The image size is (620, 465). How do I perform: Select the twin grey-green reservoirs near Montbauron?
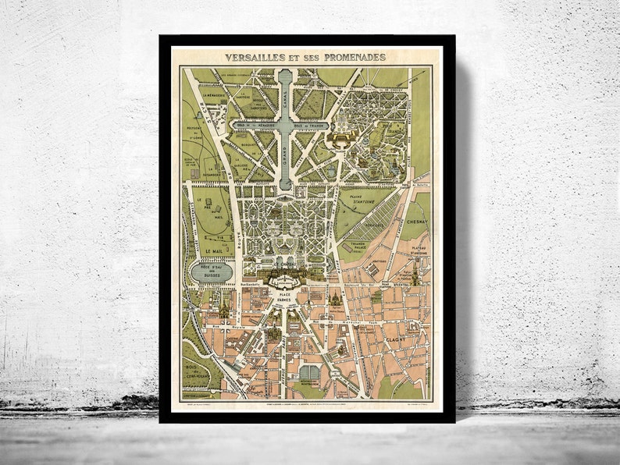click(309, 373)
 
